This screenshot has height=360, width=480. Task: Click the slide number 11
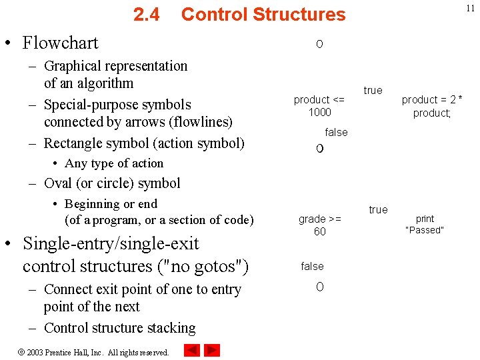tap(469, 8)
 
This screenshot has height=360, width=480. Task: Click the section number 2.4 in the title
tap(146, 14)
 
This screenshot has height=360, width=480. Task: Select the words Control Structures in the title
tap(263, 14)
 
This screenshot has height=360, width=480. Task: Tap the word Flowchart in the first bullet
tap(60, 43)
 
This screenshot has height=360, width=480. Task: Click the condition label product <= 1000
tap(319, 105)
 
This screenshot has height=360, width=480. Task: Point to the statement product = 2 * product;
tap(432, 106)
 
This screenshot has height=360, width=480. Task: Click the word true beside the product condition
tap(373, 90)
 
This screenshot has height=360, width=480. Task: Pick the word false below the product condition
tap(336, 132)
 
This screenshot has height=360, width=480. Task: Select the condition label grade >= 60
tap(320, 225)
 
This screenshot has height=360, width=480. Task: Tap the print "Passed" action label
tap(425, 224)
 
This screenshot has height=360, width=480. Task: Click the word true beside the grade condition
tap(378, 209)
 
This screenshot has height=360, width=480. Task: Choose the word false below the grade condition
tap(312, 266)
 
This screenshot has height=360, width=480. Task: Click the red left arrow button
tap(192, 350)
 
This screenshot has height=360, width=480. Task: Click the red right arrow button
tap(212, 350)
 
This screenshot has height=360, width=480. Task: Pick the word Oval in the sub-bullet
tap(57, 183)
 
